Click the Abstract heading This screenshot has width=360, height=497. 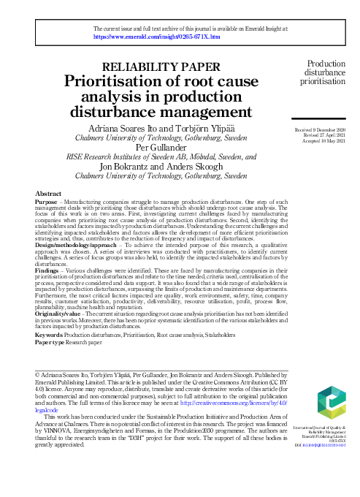click(48, 193)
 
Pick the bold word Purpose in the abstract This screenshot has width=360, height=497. click(47, 200)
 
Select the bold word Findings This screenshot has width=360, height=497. click(47, 270)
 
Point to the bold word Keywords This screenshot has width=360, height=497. click(49, 334)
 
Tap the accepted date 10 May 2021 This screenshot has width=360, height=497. click(326, 141)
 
